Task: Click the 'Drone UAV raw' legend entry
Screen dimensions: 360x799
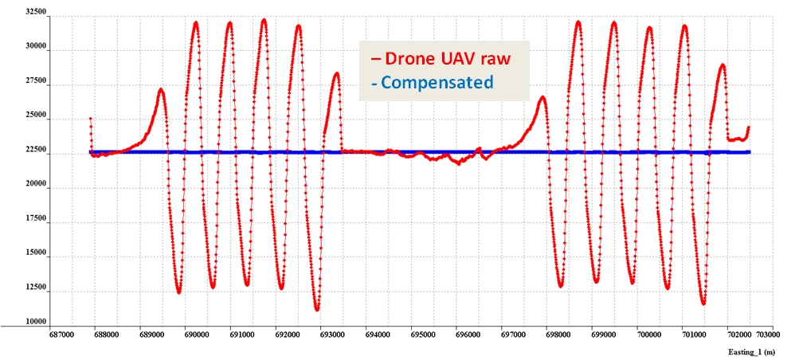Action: click(x=446, y=59)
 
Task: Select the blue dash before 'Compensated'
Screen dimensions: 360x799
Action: click(x=374, y=82)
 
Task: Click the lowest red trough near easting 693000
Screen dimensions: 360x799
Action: click(x=317, y=309)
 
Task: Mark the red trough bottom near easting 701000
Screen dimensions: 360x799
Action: click(x=703, y=303)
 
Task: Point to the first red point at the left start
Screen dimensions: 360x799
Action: click(x=90, y=119)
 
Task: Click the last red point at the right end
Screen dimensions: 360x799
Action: click(x=749, y=127)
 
